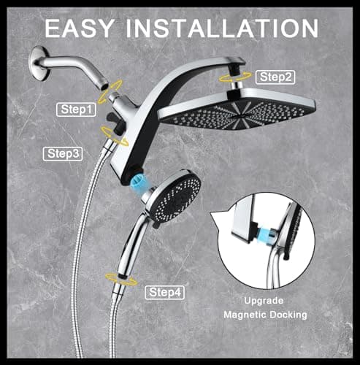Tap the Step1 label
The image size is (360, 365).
tap(77, 109)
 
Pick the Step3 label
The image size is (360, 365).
tap(64, 153)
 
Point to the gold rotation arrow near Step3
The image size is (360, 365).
tap(112, 132)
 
